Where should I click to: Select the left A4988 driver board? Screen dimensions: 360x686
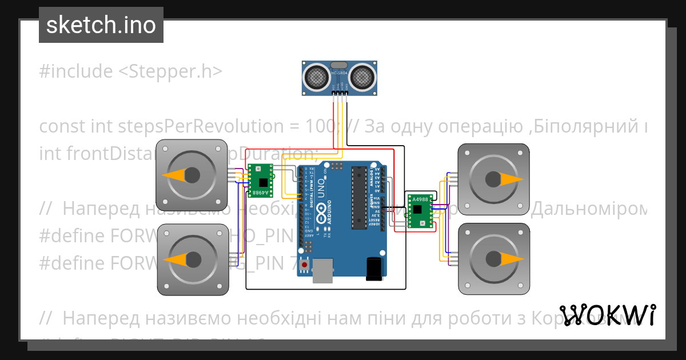tap(261, 179)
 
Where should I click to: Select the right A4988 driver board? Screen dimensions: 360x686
tap(421, 210)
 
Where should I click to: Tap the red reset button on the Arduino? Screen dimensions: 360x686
tap(305, 265)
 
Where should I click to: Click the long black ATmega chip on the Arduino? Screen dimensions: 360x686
tap(359, 197)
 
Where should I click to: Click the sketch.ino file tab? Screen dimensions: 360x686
tap(101, 25)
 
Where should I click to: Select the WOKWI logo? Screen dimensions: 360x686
tap(608, 315)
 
